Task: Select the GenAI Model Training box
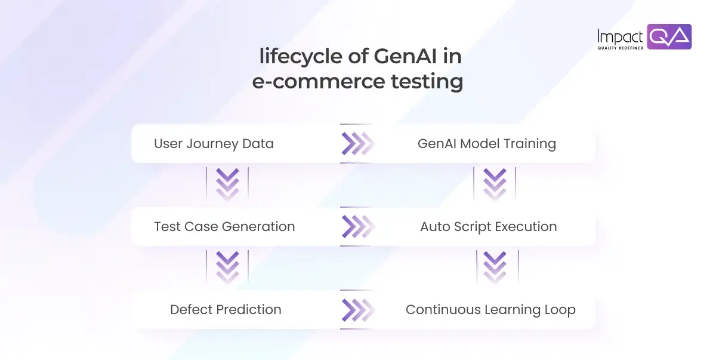pos(486,143)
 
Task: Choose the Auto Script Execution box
pos(488,226)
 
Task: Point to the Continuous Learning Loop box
pos(490,309)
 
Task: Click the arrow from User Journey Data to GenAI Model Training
pos(357,143)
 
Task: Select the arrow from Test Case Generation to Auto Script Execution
pos(357,226)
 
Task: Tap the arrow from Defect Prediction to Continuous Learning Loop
pos(357,309)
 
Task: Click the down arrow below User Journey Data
pos(227,184)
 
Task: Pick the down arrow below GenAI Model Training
pos(494,184)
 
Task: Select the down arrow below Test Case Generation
pos(227,267)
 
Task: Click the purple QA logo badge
pos(669,37)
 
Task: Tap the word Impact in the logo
pos(620,36)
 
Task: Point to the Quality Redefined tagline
pos(620,48)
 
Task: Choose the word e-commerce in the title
pos(309,81)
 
